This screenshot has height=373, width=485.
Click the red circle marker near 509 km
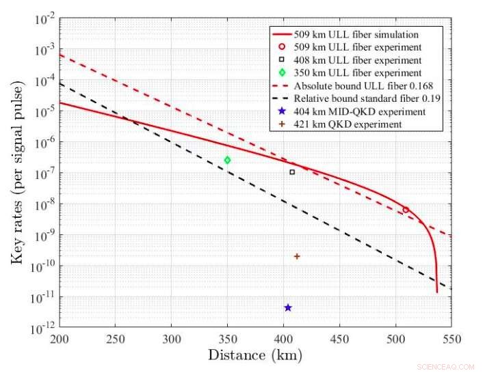(406, 210)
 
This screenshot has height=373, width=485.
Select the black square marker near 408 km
(292, 172)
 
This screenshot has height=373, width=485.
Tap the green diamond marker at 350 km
(227, 160)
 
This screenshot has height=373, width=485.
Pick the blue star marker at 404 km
(288, 307)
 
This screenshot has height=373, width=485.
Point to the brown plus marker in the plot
(297, 256)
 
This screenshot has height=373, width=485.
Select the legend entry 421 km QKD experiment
(347, 124)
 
